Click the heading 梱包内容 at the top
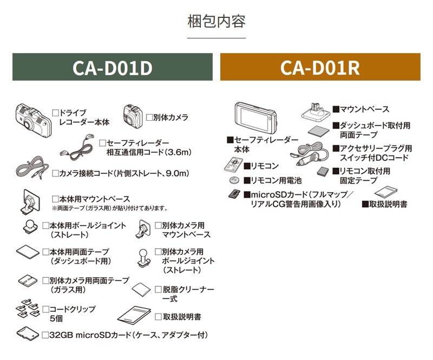pyautogui.click(x=216, y=22)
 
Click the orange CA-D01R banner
pyautogui.click(x=320, y=67)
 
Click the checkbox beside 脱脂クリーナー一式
pyautogui.click(x=158, y=290)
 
